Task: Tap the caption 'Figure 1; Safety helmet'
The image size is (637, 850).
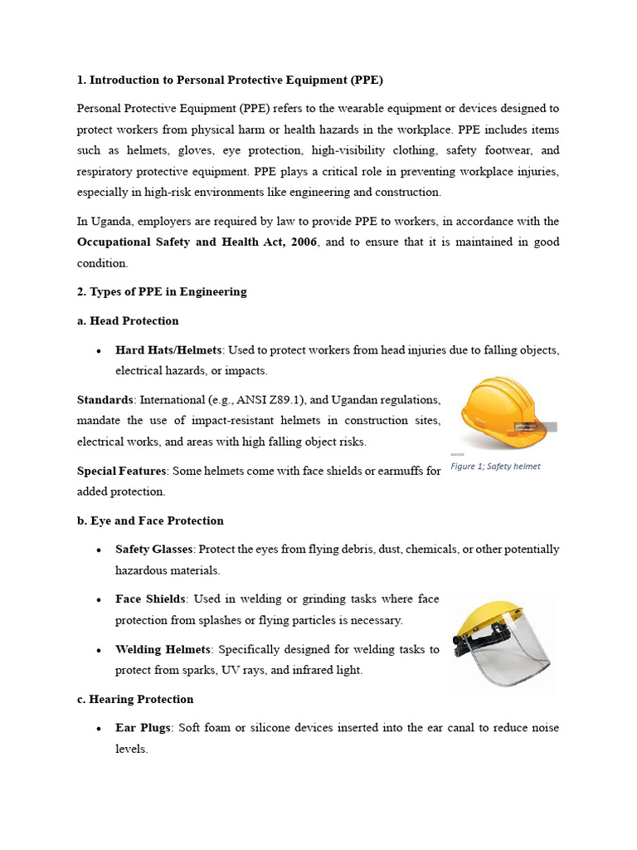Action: coord(495,467)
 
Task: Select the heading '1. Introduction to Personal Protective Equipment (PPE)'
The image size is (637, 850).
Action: coord(230,81)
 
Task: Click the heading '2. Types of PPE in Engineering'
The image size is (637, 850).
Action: coord(162,291)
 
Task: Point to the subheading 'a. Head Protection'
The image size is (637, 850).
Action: coord(128,320)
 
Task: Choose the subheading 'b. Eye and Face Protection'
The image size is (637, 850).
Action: coord(150,520)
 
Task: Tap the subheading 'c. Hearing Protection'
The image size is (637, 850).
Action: coord(135,699)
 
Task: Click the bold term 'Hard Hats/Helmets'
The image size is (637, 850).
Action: coord(168,349)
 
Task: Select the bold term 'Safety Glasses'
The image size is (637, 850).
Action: coord(153,550)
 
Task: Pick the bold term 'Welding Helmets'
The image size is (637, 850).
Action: coord(163,649)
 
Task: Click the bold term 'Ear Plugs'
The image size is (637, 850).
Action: coord(143,728)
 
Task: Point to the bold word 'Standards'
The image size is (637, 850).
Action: coord(105,400)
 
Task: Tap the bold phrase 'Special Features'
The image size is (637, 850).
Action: coord(122,471)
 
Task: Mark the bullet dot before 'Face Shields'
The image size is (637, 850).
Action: coord(99,600)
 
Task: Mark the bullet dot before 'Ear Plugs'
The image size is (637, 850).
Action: coord(99,729)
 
